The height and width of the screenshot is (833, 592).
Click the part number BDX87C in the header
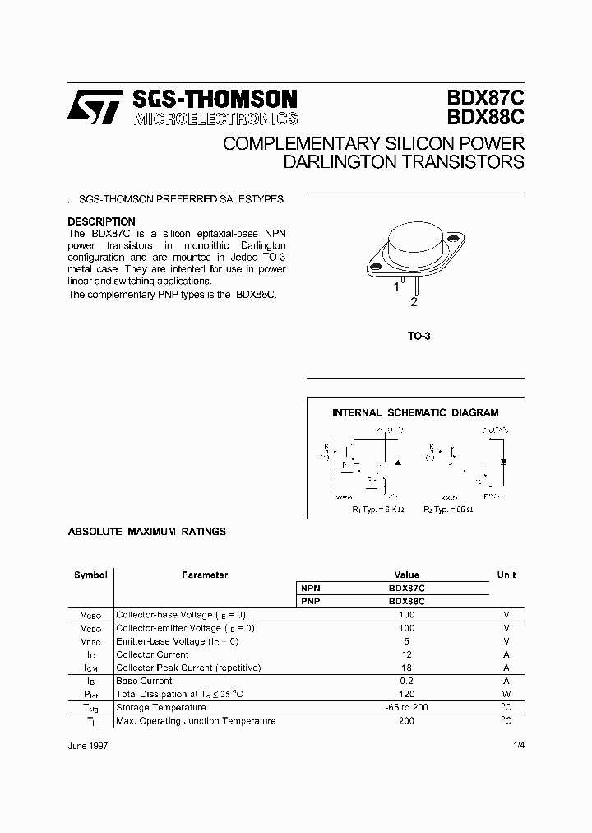[485, 98]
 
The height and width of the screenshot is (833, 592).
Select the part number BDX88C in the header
[485, 118]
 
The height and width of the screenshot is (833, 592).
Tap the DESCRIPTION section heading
[101, 221]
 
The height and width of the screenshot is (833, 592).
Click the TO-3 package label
[419, 336]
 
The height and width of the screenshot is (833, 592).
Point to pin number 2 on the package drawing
[414, 302]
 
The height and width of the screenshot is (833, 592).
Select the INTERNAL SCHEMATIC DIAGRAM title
[415, 413]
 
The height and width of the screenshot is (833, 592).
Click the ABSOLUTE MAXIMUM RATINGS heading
[146, 532]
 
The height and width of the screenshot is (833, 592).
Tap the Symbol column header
[90, 575]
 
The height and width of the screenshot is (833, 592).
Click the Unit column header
[506, 575]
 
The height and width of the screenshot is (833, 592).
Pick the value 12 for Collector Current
[406, 654]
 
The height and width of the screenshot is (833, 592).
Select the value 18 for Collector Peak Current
[406, 668]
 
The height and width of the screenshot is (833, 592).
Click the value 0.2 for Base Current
[406, 681]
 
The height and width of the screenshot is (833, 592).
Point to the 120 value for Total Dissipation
[406, 694]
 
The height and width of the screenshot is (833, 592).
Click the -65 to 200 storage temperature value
[406, 707]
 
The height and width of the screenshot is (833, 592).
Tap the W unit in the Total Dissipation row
[506, 694]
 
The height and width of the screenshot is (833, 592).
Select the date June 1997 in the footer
[88, 745]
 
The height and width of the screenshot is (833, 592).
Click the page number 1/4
[516, 745]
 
